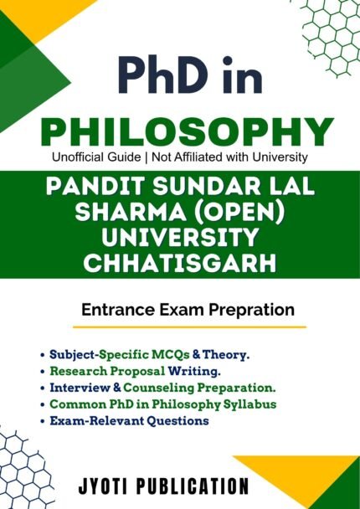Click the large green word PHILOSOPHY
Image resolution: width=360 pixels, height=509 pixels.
pyautogui.click(x=181, y=132)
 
